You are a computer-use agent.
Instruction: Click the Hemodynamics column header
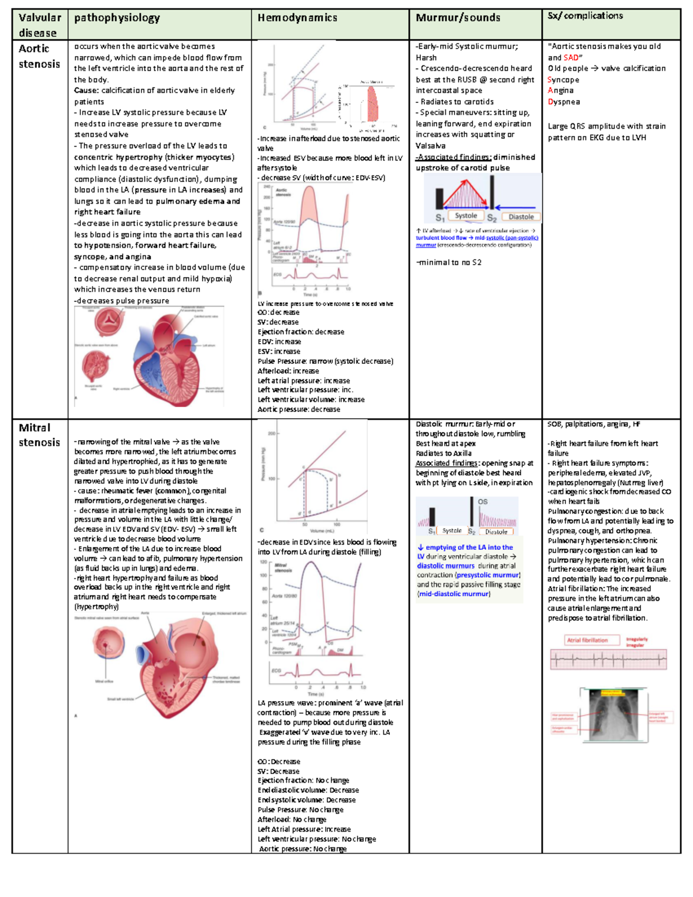(x=297, y=18)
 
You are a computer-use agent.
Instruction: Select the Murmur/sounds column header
(x=458, y=18)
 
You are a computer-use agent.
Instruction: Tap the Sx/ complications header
(x=585, y=16)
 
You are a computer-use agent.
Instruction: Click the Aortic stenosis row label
(x=39, y=56)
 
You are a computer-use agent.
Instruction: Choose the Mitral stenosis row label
(x=39, y=435)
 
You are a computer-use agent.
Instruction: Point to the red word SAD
(x=571, y=58)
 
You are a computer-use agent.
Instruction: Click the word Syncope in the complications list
(x=563, y=80)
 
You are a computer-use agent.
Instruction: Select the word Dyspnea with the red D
(x=564, y=102)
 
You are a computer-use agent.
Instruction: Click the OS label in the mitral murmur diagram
(x=483, y=501)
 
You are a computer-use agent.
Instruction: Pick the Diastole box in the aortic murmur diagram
(x=521, y=217)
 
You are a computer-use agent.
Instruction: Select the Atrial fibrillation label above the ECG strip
(x=587, y=640)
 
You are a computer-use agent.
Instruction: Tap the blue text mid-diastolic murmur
(x=454, y=594)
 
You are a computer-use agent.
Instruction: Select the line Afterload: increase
(x=288, y=371)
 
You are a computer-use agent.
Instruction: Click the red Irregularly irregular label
(x=636, y=642)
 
